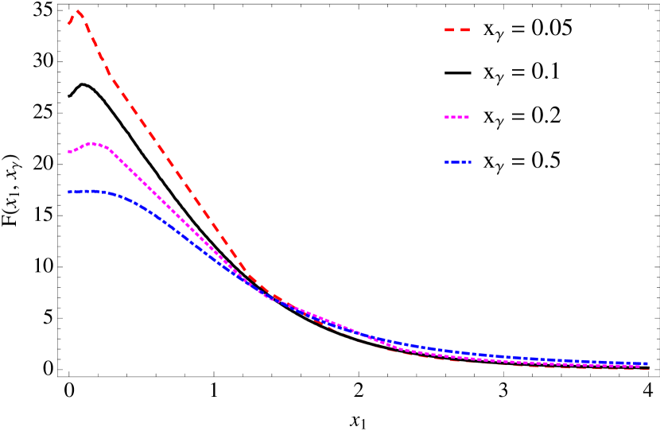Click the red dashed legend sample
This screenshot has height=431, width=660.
click(457, 30)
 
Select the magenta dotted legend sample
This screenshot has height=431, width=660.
click(456, 118)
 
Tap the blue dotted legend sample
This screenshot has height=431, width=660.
click(458, 162)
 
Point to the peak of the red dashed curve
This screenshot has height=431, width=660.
click(78, 12)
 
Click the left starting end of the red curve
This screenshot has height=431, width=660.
click(69, 24)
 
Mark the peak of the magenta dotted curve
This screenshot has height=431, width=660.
click(93, 143)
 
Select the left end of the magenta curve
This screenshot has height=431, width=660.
click(69, 152)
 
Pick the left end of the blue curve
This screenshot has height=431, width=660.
click(69, 192)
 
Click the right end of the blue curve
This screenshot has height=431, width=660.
click(647, 363)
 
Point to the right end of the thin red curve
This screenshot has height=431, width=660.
click(648, 370)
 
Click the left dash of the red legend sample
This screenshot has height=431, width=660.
click(449, 30)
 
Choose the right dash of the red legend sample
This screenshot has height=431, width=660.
click(465, 30)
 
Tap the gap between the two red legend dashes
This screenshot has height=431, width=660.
click(457, 30)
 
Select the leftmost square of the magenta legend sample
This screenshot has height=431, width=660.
click(447, 118)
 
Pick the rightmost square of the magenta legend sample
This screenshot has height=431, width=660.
click(467, 118)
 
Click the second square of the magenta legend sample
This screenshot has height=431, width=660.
click(453, 118)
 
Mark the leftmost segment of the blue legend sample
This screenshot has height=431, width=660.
click(448, 162)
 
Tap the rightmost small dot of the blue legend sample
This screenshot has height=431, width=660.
click(469, 162)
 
